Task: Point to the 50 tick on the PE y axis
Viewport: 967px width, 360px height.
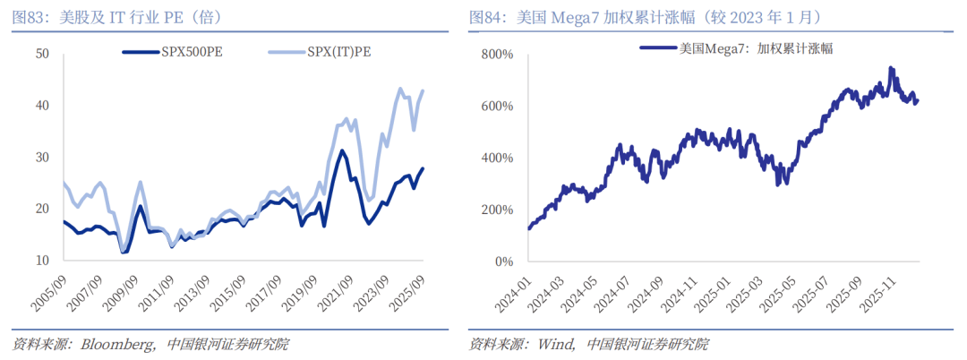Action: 41,54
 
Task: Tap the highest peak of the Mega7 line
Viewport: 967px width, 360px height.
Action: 891,68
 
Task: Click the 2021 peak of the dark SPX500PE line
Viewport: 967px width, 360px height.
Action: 341,151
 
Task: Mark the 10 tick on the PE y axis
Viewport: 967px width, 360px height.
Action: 41,261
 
